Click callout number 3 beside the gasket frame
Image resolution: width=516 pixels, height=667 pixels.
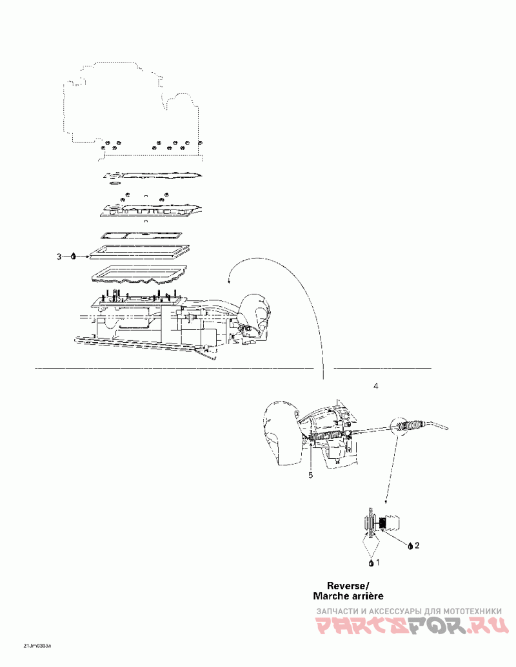[x=59, y=256]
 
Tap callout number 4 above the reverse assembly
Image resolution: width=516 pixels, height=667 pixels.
[x=376, y=386]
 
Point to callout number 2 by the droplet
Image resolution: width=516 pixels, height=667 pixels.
[x=417, y=545]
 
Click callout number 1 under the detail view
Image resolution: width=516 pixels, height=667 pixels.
[x=378, y=562]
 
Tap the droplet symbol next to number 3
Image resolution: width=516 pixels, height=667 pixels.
[x=73, y=256]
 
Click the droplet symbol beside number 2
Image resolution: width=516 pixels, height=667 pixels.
[x=410, y=546]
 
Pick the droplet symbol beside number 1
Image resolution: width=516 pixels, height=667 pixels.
[x=371, y=563]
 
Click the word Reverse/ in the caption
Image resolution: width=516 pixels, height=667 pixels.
[x=348, y=586]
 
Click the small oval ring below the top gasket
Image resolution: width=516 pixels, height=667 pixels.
[x=115, y=183]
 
